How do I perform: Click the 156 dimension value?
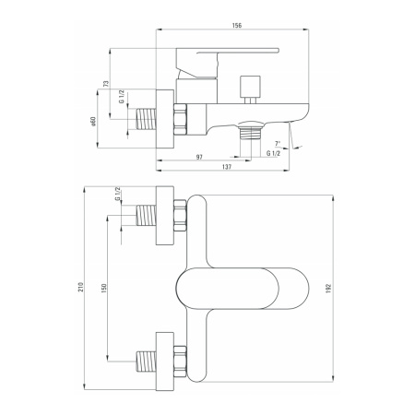point(236,25)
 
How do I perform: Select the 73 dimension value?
point(106,83)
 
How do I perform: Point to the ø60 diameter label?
point(93,122)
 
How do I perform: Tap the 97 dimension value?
point(199,157)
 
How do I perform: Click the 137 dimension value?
point(227,167)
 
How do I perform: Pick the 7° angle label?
point(278,143)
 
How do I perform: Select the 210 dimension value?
point(81,287)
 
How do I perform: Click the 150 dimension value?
point(103,288)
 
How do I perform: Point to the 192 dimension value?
point(328,289)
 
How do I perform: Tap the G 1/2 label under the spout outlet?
point(273,153)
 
